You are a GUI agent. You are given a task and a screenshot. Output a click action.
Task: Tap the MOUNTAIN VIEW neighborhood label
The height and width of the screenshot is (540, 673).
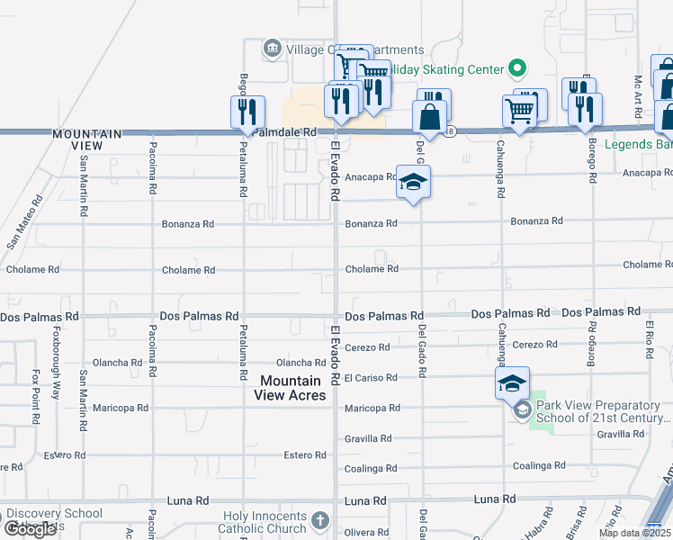[88, 139]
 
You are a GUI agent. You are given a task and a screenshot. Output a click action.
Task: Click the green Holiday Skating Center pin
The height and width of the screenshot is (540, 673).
[516, 67]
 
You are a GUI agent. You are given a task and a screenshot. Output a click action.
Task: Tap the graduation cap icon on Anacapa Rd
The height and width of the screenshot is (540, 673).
[413, 184]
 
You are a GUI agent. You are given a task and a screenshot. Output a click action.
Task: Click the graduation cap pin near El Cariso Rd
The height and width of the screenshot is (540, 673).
[512, 384]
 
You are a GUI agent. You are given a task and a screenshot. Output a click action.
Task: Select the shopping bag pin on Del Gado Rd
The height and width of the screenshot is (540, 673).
[430, 117]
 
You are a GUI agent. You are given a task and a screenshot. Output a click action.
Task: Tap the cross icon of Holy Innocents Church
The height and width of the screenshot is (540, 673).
[321, 520]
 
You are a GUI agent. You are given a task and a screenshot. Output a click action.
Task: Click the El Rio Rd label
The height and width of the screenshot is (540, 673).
[649, 335]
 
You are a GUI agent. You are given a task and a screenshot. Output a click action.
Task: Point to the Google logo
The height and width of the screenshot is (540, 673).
[29, 529]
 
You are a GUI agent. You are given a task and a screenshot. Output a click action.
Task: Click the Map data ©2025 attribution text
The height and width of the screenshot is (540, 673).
[635, 533]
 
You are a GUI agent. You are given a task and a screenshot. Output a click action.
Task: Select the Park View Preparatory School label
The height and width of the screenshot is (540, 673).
[603, 411]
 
